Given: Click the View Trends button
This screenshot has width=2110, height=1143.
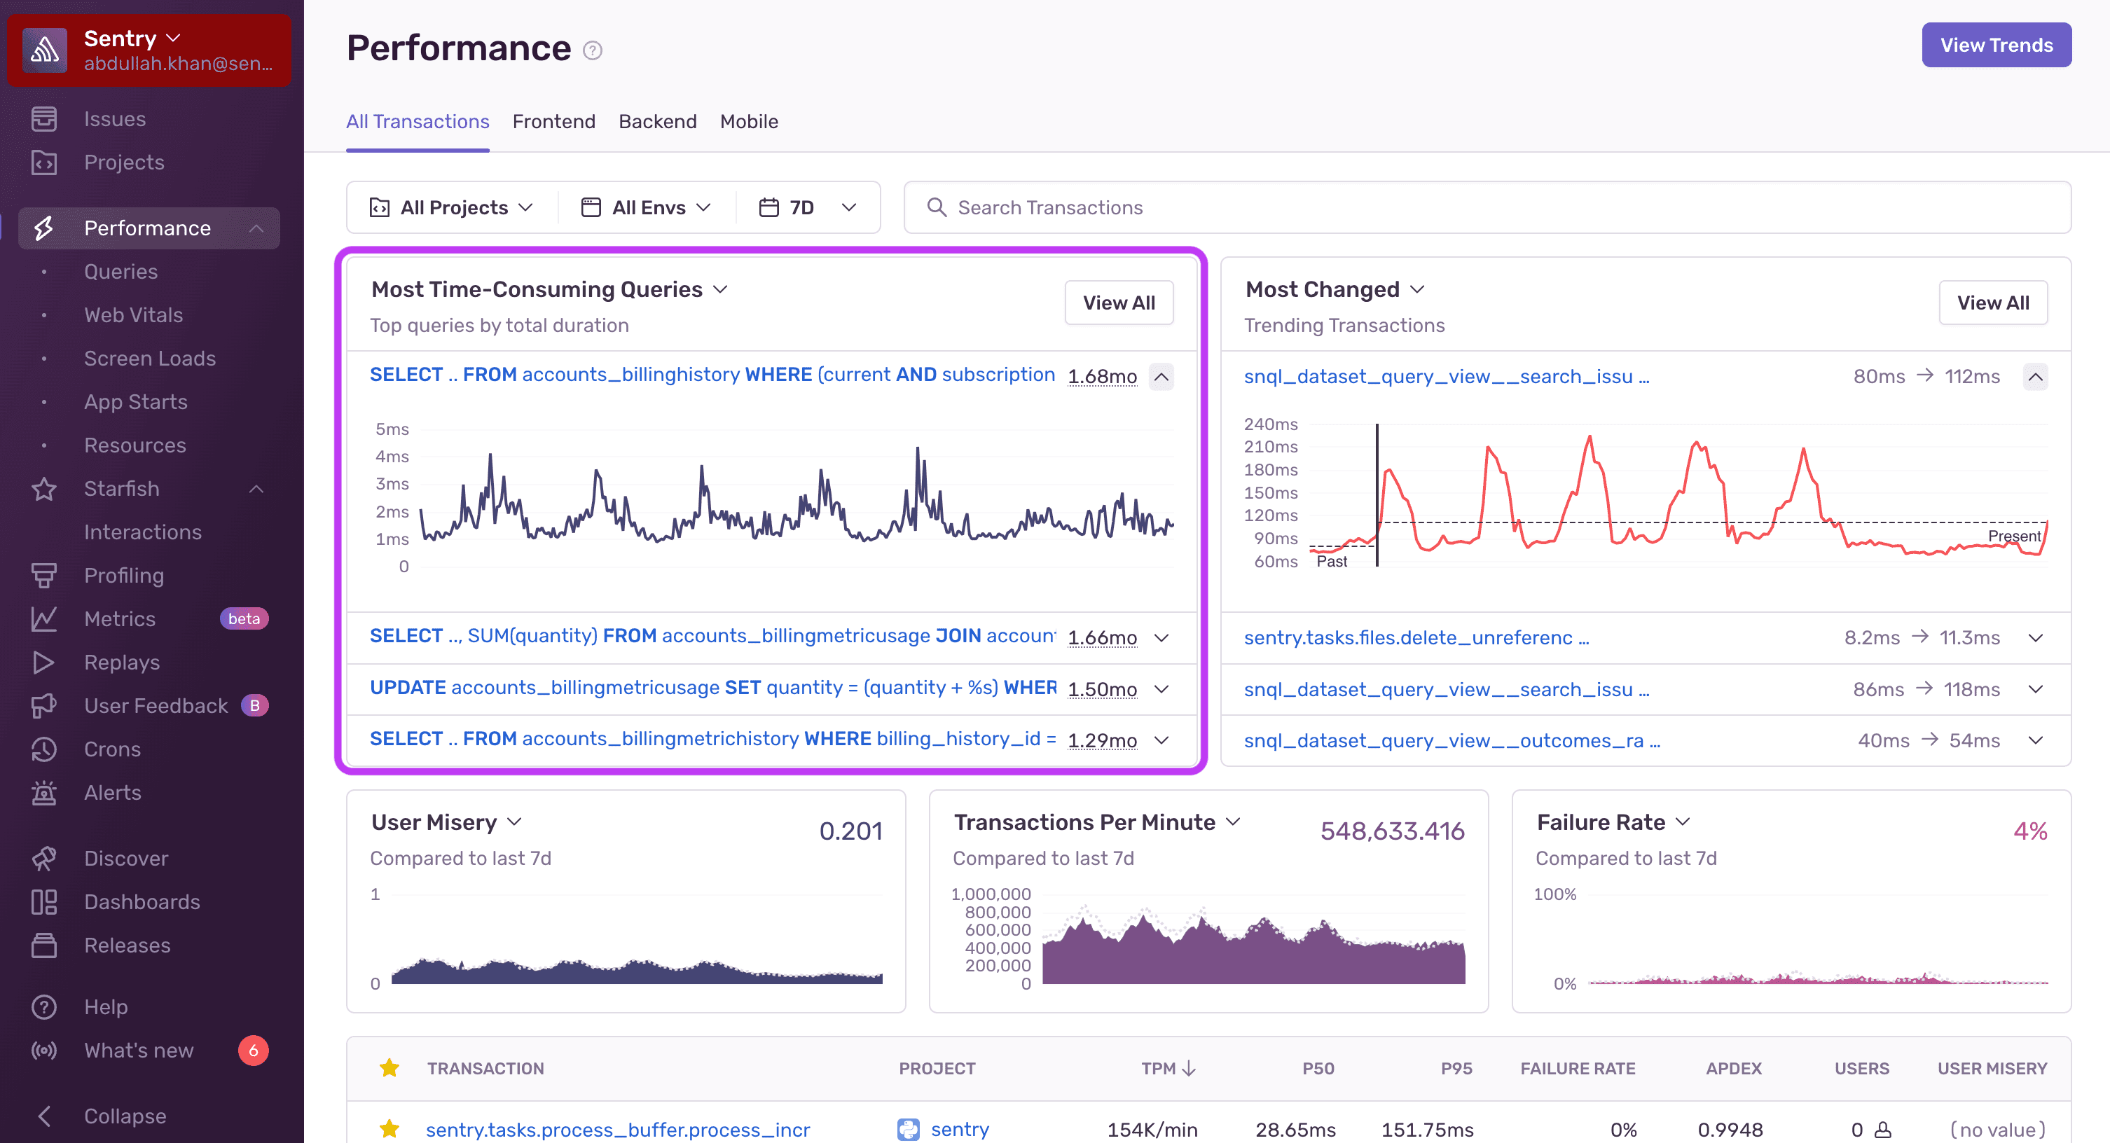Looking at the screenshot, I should point(1995,45).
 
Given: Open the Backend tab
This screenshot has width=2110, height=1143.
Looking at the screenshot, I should point(657,121).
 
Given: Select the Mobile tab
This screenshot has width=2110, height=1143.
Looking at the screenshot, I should point(749,121).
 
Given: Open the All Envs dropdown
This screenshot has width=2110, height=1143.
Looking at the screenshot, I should point(647,207).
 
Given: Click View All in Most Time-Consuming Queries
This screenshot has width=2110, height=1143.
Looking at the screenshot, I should point(1118,303).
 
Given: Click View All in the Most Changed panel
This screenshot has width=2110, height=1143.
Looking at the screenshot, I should point(1992,303).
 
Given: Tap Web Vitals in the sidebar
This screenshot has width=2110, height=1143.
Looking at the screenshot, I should point(134,314).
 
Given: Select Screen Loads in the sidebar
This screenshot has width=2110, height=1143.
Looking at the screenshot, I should point(150,358).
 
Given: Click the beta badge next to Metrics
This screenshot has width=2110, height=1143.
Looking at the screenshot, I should point(244,618).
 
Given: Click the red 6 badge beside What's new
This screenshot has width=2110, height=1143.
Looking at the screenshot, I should point(253,1050).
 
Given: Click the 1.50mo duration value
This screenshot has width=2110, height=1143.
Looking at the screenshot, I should point(1102,688).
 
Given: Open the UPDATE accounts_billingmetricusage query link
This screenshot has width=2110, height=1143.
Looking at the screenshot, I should point(712,687).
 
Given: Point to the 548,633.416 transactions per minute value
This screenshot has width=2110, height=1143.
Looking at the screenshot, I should point(1392,831).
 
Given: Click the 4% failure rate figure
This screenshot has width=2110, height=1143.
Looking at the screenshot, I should point(2029,831).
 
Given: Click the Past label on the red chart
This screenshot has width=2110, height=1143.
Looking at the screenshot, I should point(1331,561).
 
